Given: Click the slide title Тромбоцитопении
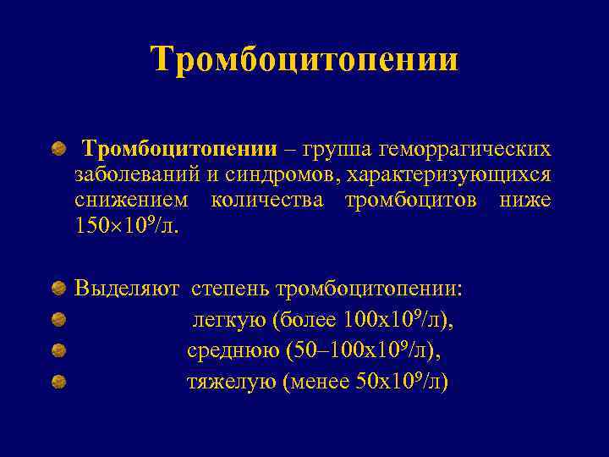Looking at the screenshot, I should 304,59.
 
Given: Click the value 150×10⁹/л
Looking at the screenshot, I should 127,227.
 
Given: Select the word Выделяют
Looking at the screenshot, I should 126,289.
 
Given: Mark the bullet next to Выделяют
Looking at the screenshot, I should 58,289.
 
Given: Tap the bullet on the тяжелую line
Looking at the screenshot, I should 58,383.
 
